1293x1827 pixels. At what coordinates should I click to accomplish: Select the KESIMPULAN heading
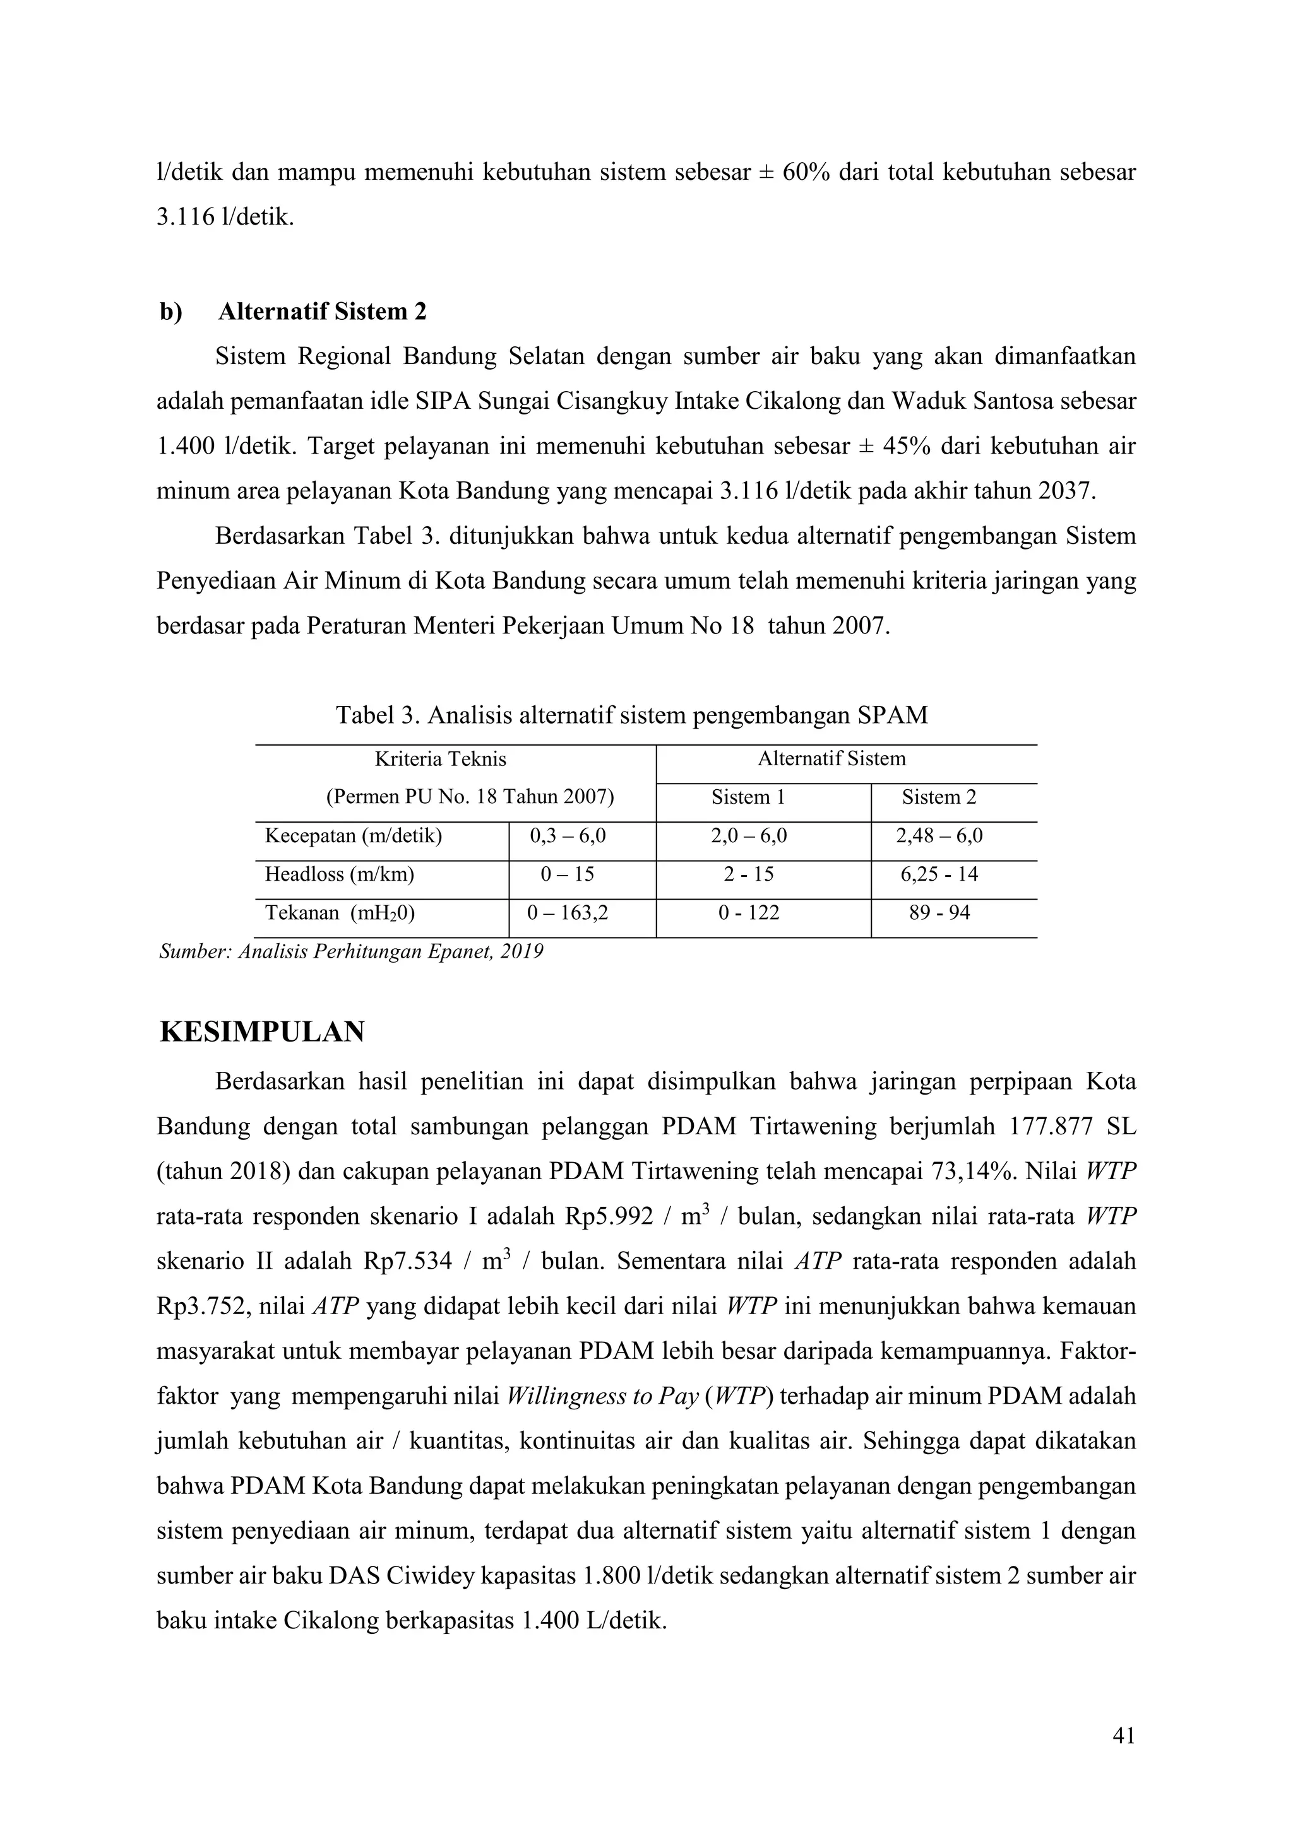coord(262,1031)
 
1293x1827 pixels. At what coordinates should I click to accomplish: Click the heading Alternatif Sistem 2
coord(321,311)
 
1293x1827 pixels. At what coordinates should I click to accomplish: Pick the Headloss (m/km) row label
coord(339,874)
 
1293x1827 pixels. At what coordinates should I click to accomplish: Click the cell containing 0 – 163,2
coord(568,913)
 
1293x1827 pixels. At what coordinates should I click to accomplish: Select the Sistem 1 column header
coord(748,797)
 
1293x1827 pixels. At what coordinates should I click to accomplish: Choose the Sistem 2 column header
coord(939,797)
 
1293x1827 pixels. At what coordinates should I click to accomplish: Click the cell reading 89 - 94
coord(939,913)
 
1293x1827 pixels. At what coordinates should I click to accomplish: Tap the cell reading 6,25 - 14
coord(939,874)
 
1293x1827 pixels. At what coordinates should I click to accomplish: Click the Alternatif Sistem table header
coord(831,758)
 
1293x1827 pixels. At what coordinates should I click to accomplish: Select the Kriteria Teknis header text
coord(440,759)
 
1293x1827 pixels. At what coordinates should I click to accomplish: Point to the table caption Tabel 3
coord(631,715)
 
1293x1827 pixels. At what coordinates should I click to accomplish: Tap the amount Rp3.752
coord(202,1306)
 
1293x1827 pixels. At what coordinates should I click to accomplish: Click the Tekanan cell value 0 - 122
coord(748,913)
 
